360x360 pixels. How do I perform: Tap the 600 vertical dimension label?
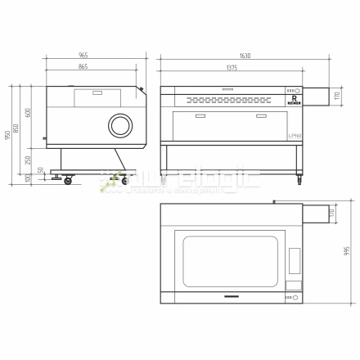click(29, 114)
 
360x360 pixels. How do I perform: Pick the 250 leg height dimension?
click(29, 160)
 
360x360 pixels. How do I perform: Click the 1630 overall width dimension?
click(245, 56)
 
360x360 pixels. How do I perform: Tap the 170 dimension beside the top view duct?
click(331, 214)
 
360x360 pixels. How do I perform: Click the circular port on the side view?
click(121, 125)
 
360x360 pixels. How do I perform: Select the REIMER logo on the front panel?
click(292, 101)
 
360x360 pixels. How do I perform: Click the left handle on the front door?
click(196, 116)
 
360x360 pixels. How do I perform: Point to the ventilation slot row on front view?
click(229, 99)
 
